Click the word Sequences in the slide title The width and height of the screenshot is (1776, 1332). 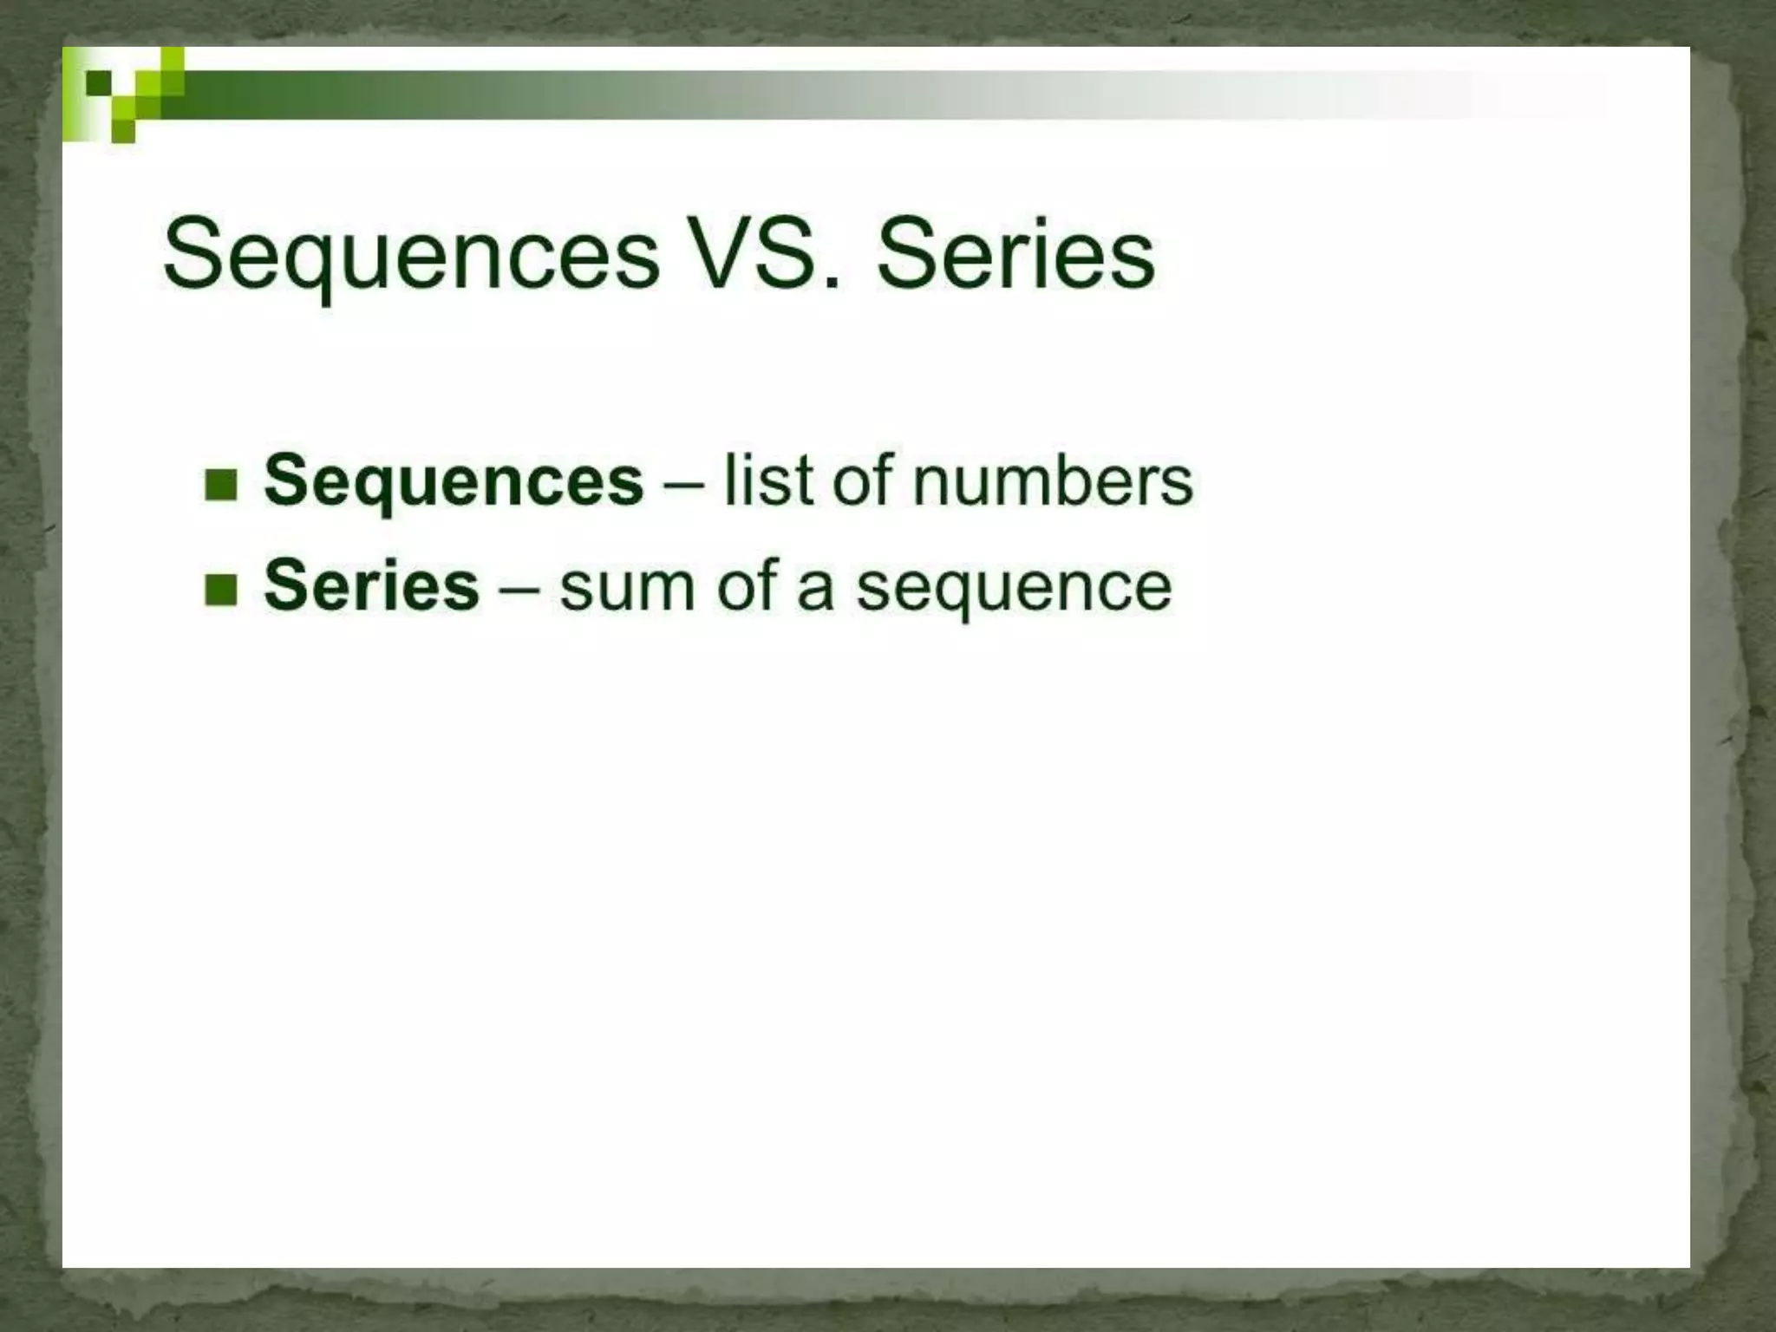[410, 256]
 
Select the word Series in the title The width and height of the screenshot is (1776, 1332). [1015, 256]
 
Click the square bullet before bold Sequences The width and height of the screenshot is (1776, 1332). [221, 485]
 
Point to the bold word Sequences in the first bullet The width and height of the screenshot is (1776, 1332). [454, 482]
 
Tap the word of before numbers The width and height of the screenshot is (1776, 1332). [862, 480]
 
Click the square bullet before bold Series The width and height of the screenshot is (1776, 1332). [221, 590]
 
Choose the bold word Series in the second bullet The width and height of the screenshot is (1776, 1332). [371, 585]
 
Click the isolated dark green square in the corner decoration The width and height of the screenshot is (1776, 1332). [99, 82]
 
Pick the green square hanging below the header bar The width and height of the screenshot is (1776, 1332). [124, 130]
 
